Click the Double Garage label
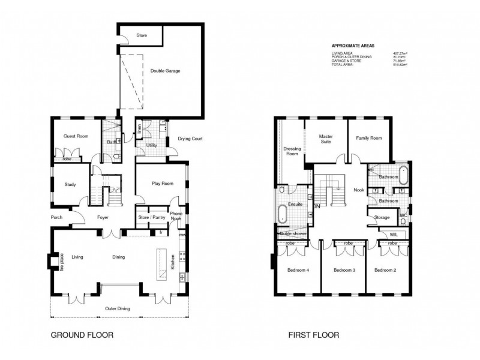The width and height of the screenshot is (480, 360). [164, 71]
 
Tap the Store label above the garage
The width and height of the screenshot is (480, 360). [142, 35]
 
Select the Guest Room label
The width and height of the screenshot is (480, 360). [76, 137]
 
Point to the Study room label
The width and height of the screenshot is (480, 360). [70, 184]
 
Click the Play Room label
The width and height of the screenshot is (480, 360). [163, 184]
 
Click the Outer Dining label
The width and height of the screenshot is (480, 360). [118, 309]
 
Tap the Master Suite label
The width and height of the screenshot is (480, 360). [325, 139]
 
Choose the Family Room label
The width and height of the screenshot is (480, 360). [370, 139]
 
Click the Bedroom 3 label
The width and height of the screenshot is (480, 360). [344, 271]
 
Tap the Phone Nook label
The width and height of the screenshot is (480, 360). [176, 216]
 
